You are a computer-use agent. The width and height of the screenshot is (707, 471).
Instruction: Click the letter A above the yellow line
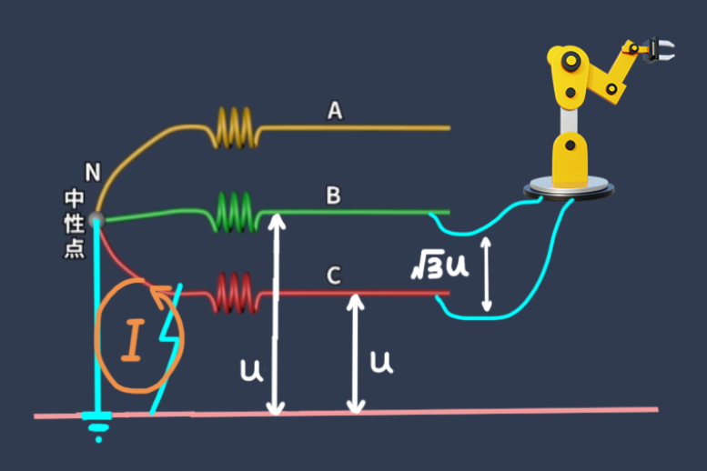(335, 111)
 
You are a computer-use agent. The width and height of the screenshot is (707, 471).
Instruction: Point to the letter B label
(333, 195)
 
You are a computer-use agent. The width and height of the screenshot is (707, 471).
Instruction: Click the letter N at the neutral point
(92, 171)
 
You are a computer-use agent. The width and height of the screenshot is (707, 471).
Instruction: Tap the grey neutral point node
(96, 218)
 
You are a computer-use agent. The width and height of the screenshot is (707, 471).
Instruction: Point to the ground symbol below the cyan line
(96, 425)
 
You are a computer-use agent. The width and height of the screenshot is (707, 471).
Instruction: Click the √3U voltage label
(439, 266)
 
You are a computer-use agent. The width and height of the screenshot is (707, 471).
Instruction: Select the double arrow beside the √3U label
(487, 273)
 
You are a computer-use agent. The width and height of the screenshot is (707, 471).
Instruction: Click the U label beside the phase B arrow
(250, 369)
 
